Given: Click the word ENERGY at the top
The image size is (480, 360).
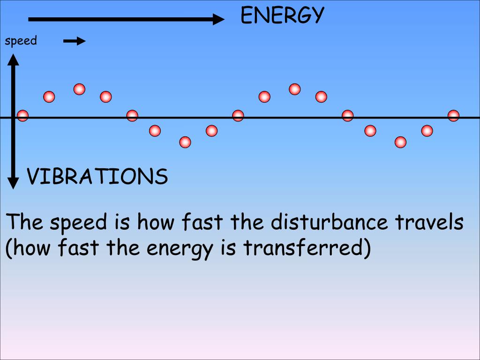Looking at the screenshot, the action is pos(282,16).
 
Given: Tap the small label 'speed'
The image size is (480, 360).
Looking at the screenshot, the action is pos(21,41).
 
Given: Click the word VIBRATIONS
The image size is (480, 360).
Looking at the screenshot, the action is pos(97,177).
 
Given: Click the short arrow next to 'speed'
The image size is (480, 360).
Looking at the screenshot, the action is pos(74,41).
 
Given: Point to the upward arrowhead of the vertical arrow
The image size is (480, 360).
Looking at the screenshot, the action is pos(14,60).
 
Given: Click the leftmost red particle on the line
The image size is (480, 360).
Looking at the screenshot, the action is pos(22,115).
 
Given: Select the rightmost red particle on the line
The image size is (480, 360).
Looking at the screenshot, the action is pos(453,115).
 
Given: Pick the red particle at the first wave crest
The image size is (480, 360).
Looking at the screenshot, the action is pos(79,89).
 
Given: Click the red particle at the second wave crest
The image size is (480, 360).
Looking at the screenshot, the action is pos(294,89).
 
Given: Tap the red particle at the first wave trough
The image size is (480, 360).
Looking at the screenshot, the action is pos(185,142).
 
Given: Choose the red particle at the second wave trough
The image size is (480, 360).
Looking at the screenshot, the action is pos(400,142).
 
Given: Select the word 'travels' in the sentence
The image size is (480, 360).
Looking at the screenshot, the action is pos(429,222).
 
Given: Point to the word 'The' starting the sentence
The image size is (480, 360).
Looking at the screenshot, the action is pos(24,222).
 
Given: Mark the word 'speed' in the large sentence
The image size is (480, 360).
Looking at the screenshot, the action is pos(79,223).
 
